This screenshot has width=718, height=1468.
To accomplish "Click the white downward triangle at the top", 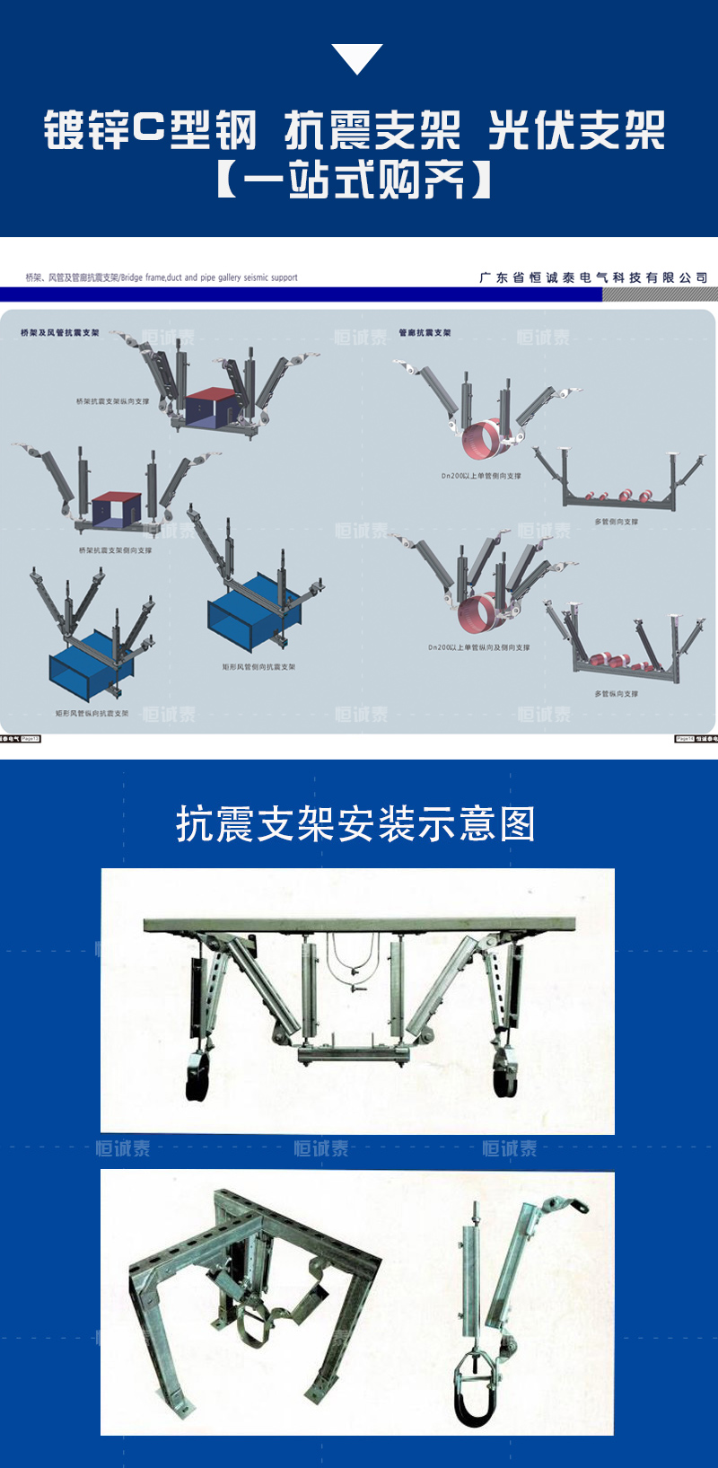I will [357, 57].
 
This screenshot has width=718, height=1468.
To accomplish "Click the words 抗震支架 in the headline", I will [372, 131].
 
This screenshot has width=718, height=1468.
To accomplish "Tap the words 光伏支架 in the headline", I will [577, 131].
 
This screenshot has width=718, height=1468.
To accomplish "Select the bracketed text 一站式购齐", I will [355, 180].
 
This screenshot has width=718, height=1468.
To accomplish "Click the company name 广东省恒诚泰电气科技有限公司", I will [593, 277].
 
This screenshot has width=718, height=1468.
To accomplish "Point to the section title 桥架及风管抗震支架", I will [60, 333].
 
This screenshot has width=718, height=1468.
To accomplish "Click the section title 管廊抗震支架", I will [425, 333].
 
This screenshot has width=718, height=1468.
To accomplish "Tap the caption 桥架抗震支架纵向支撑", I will [112, 401].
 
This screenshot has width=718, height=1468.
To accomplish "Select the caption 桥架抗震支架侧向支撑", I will [115, 550].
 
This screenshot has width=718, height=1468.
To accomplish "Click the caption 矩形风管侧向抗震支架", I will [258, 667].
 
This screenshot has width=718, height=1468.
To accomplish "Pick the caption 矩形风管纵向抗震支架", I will [92, 714].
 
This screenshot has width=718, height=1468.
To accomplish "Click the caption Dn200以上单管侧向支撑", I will [480, 476].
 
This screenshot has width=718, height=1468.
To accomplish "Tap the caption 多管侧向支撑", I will [616, 522].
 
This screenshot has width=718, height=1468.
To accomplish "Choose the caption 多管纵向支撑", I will [616, 694].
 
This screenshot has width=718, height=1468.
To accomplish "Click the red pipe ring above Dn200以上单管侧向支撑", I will [483, 440].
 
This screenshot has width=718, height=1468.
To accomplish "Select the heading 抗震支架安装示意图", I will [356, 823].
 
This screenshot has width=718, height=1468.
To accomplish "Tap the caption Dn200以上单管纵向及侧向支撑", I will [478, 647].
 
